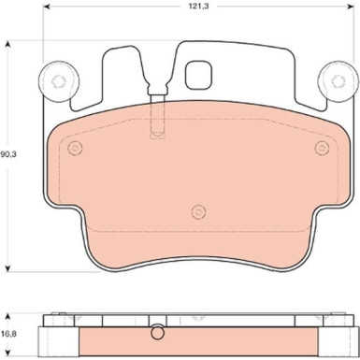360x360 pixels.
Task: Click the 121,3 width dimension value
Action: [x=198, y=6]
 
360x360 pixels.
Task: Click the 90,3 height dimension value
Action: [x=8, y=154]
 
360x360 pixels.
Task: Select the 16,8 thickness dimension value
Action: [x=8, y=334]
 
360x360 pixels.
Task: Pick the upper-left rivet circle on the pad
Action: [x=75, y=148]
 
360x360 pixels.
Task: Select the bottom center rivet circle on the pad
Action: [x=198, y=212]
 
